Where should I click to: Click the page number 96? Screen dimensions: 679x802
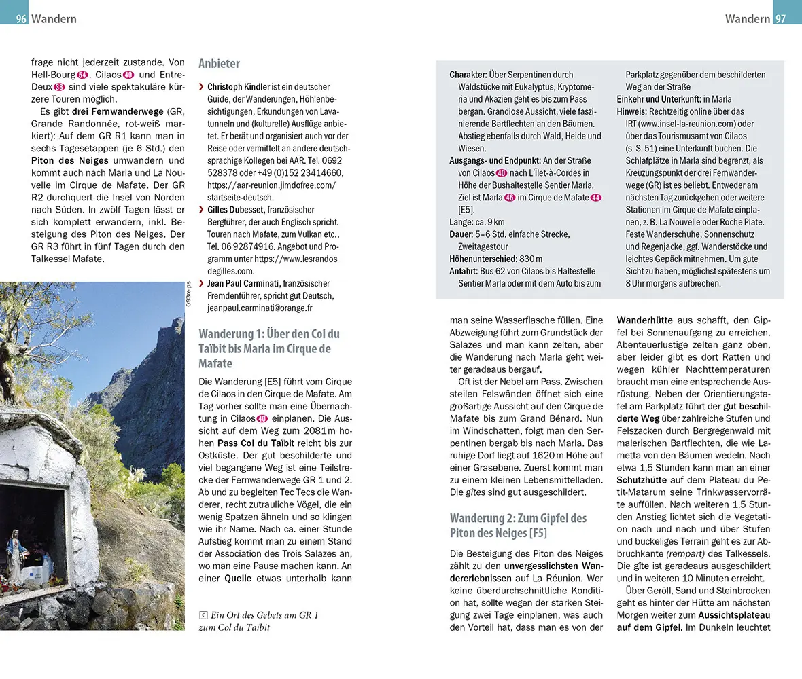click(21, 19)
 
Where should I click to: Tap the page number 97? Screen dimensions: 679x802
click(780, 19)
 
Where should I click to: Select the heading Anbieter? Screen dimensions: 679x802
click(219, 64)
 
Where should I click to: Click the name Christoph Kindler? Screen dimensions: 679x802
click(238, 88)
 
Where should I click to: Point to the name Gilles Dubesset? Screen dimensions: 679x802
click(237, 210)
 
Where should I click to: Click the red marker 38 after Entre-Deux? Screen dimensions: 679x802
click(60, 87)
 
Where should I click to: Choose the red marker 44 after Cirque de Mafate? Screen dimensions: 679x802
click(596, 198)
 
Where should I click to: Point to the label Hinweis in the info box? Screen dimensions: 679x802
click(632, 111)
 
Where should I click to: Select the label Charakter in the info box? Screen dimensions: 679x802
click(468, 75)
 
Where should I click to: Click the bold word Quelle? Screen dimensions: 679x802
click(237, 579)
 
